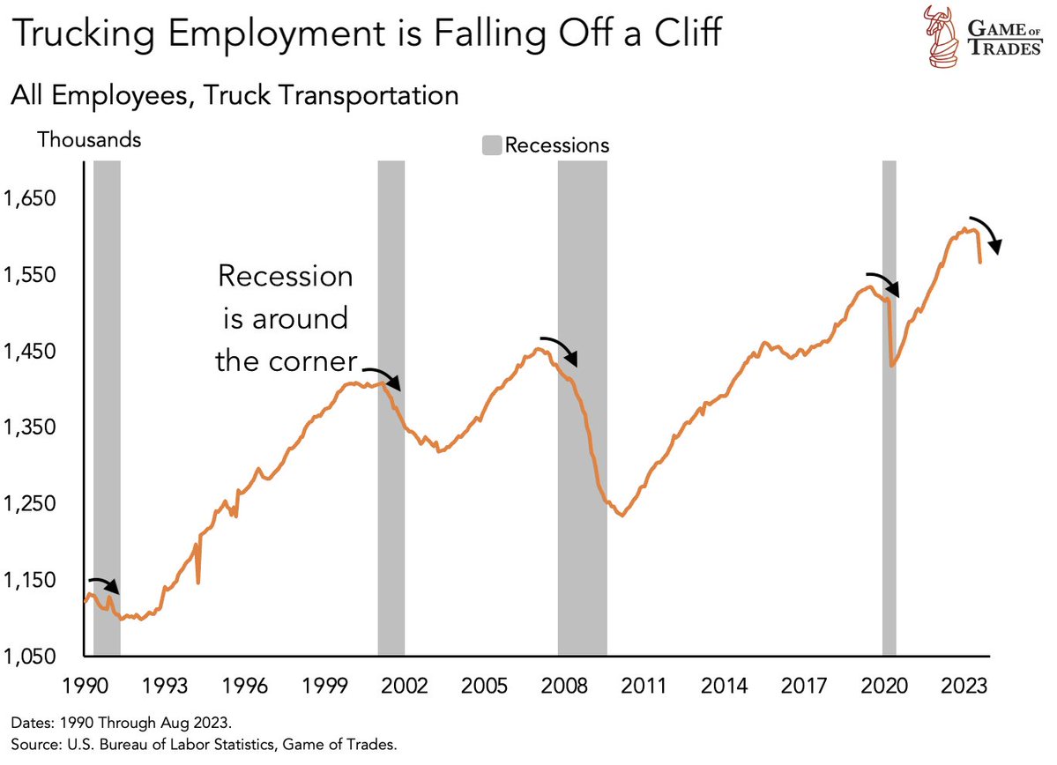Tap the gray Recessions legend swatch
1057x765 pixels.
click(x=492, y=145)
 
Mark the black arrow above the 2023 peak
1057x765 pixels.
click(x=988, y=233)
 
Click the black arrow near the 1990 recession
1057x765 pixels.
click(x=104, y=584)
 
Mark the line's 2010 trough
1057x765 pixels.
click(x=622, y=516)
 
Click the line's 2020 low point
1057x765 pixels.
click(x=892, y=365)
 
